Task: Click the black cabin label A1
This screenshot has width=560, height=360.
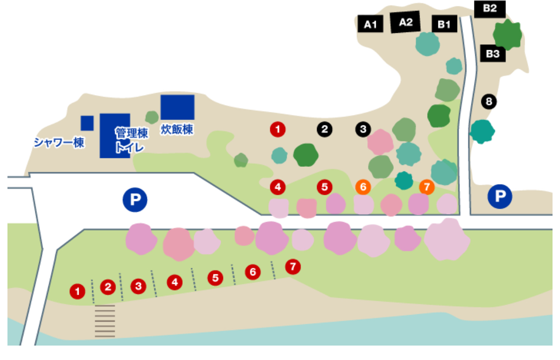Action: [x=370, y=24]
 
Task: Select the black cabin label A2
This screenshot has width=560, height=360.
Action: [x=406, y=22]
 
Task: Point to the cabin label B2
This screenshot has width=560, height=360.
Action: [x=489, y=8]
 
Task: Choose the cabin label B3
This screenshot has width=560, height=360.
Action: [x=493, y=53]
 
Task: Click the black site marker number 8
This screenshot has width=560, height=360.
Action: [x=489, y=102]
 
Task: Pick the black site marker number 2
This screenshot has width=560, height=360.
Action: [x=324, y=129]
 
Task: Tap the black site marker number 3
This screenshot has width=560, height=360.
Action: [x=363, y=129]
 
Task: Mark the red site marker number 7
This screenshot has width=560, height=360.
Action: [x=293, y=266]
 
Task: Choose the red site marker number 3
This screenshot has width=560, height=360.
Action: [x=138, y=286]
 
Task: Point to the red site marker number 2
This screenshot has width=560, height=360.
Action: [x=108, y=287]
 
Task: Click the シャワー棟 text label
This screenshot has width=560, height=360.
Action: [x=59, y=142]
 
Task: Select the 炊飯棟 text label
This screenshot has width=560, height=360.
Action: [x=177, y=129]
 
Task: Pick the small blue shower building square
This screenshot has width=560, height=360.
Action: [x=87, y=122]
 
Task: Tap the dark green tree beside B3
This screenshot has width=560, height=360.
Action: [x=508, y=34]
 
